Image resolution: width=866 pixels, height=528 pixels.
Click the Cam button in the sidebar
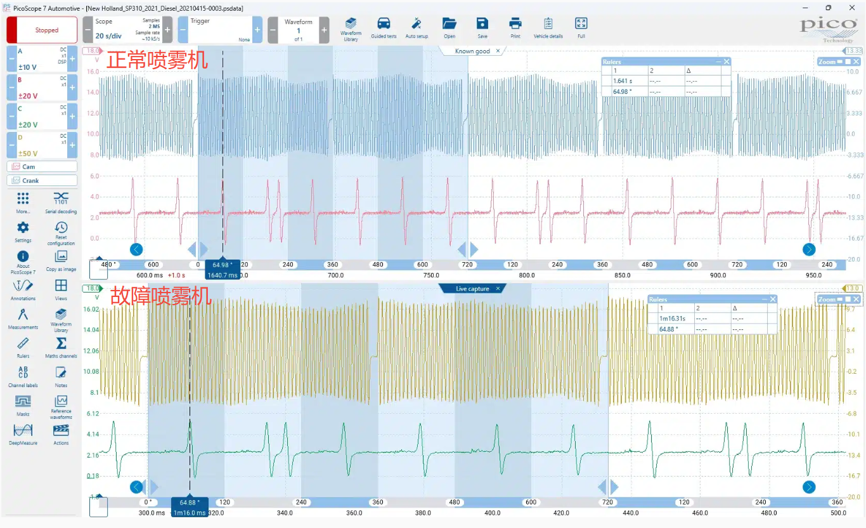[x=42, y=166]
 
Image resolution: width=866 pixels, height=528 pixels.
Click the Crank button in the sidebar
[x=42, y=181]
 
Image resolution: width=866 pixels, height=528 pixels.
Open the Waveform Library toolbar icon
[x=351, y=27]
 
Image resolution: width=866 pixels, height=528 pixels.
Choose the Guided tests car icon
[x=384, y=27]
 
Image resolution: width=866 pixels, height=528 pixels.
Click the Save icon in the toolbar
[x=482, y=27]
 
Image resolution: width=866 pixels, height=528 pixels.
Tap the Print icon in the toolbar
[x=515, y=27]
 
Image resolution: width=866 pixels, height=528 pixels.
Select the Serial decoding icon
[x=61, y=201]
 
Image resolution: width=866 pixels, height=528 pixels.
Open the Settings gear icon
[x=23, y=230]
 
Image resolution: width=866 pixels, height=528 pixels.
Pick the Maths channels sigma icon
[x=61, y=346]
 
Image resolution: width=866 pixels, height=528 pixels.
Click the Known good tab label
[x=472, y=51]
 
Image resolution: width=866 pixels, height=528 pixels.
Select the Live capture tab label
[x=472, y=289]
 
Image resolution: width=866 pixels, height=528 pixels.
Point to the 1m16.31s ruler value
[x=673, y=319]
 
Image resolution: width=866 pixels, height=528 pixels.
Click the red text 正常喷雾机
[x=157, y=60]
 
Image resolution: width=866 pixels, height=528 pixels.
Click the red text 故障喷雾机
[x=161, y=296]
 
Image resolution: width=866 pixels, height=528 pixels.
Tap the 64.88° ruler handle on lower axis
[x=189, y=502]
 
